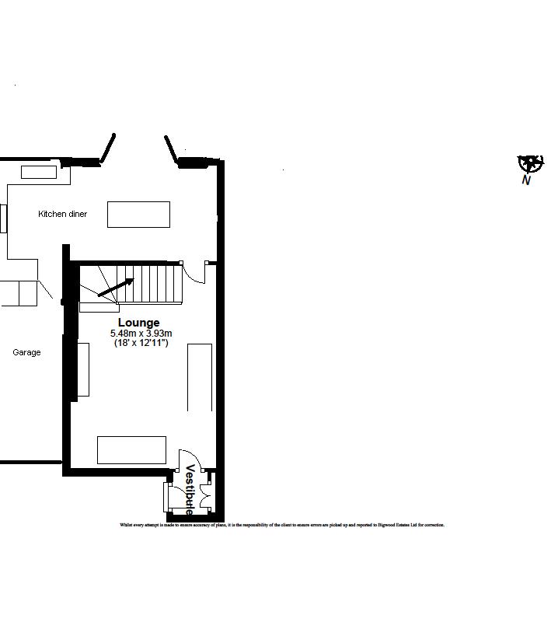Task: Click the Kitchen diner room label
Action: pyautogui.click(x=63, y=214)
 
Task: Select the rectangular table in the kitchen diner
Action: pyautogui.click(x=138, y=214)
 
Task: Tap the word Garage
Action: pyautogui.click(x=26, y=352)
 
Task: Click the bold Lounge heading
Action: pyautogui.click(x=139, y=323)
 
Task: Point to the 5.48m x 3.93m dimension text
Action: pyautogui.click(x=141, y=334)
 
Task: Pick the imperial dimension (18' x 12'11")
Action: pyautogui.click(x=141, y=343)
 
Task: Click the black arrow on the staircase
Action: pyautogui.click(x=116, y=288)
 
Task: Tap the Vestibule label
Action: pyautogui.click(x=190, y=490)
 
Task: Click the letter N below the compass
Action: pyautogui.click(x=526, y=180)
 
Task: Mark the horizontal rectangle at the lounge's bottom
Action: pyautogui.click(x=131, y=450)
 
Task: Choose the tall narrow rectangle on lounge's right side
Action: pyautogui.click(x=200, y=377)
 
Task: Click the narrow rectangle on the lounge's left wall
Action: pyautogui.click(x=83, y=369)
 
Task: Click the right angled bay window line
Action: pyautogui.click(x=172, y=149)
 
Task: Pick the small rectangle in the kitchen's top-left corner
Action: pyautogui.click(x=39, y=172)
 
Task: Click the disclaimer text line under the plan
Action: pyautogui.click(x=282, y=525)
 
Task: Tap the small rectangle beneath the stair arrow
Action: pyautogui.click(x=99, y=307)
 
